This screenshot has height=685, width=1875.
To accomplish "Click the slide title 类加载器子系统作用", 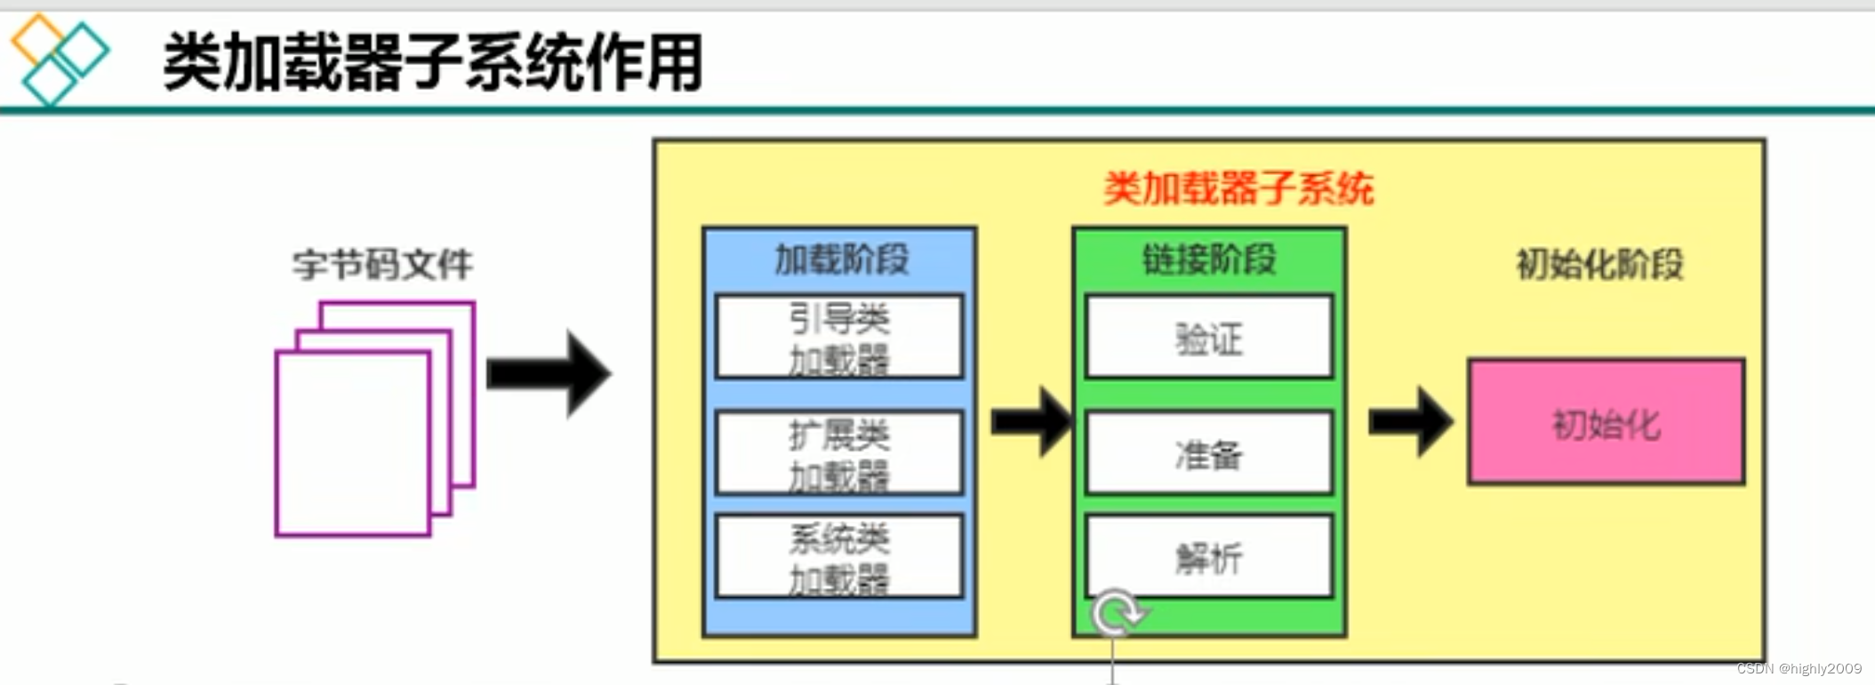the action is coord(433,62).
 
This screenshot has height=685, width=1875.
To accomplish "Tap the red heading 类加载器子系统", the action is coord(1238,188).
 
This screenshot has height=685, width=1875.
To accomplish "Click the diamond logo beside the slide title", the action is coord(59,59).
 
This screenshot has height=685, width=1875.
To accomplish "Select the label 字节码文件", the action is coord(382,265).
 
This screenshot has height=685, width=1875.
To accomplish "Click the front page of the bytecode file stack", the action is coord(353,443).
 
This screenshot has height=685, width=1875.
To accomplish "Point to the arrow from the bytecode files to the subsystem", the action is coord(549,373).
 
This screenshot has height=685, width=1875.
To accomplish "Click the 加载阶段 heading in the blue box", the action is coord(841,259).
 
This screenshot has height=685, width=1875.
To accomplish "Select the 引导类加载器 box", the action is coord(839,338).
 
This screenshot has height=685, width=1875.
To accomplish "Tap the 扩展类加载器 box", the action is coord(839,453).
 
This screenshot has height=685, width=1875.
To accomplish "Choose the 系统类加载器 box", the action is coord(839,557).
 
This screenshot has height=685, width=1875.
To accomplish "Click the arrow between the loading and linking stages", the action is coord(1031,421).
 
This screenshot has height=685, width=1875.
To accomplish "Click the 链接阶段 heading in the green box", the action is coord(1209,259).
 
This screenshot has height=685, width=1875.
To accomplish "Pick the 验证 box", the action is coord(1209,338).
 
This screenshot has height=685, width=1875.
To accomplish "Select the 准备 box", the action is coord(1209,454).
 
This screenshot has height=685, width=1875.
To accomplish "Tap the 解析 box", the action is coord(1209,557).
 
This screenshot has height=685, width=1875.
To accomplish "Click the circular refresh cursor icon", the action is coord(1118,613).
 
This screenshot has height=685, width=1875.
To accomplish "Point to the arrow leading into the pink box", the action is coord(1411,421).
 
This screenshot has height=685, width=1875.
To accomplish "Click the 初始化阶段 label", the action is coord(1599,264).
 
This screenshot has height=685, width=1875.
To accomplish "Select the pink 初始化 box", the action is coord(1606,422).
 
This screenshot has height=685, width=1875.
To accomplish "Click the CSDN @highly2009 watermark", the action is coord(1799,669).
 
